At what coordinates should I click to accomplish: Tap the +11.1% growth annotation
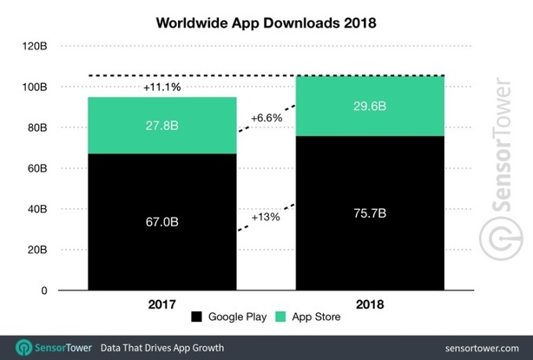(162, 88)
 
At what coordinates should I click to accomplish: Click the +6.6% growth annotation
(266, 117)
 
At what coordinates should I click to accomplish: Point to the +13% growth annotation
(266, 216)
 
